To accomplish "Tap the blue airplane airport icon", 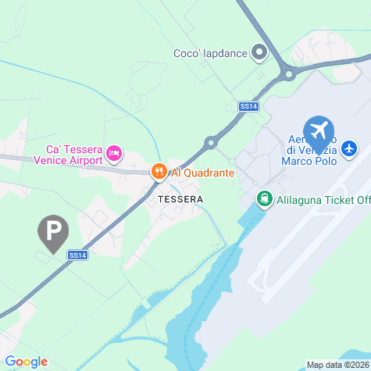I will pos(318,130).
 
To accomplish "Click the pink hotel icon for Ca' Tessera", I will pos(114,152).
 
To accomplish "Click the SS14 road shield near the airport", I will pos(248,106).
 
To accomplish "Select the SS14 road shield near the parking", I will pos(77,255).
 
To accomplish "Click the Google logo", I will pos(26,362).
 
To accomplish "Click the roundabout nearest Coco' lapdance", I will pos(288,75).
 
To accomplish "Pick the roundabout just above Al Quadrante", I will pos(210,142).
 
